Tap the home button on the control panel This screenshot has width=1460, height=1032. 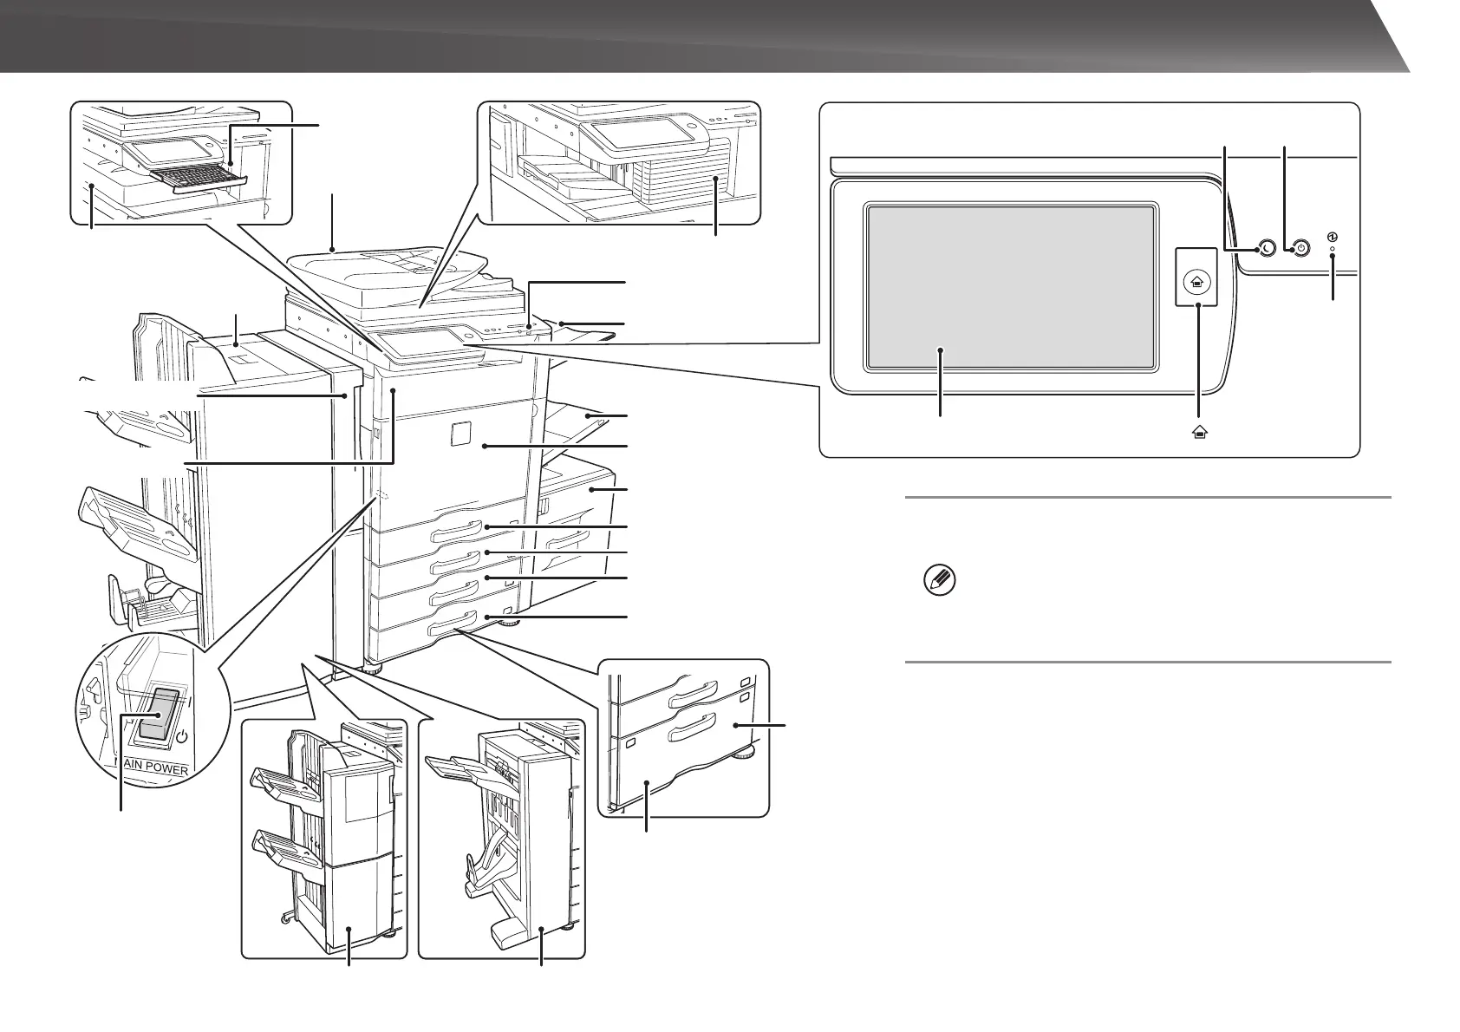point(1197,281)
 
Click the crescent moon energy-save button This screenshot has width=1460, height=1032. point(1266,249)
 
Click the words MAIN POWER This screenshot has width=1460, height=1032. point(152,766)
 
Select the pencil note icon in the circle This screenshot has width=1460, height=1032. point(939,579)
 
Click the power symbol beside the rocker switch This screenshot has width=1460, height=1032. point(183,738)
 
